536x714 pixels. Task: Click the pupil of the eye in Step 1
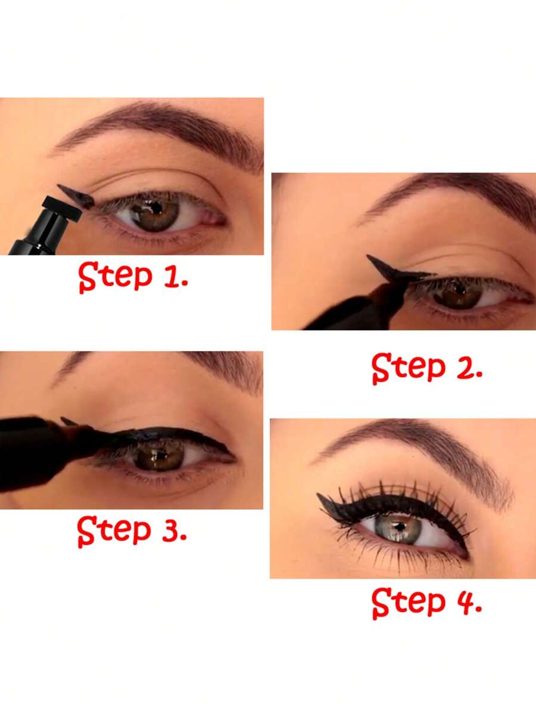(x=156, y=209)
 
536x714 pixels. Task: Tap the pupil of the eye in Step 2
(x=459, y=290)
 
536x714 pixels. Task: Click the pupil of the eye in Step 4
(x=400, y=526)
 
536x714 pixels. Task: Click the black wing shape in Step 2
(x=393, y=271)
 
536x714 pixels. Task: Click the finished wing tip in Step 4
(x=325, y=501)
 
